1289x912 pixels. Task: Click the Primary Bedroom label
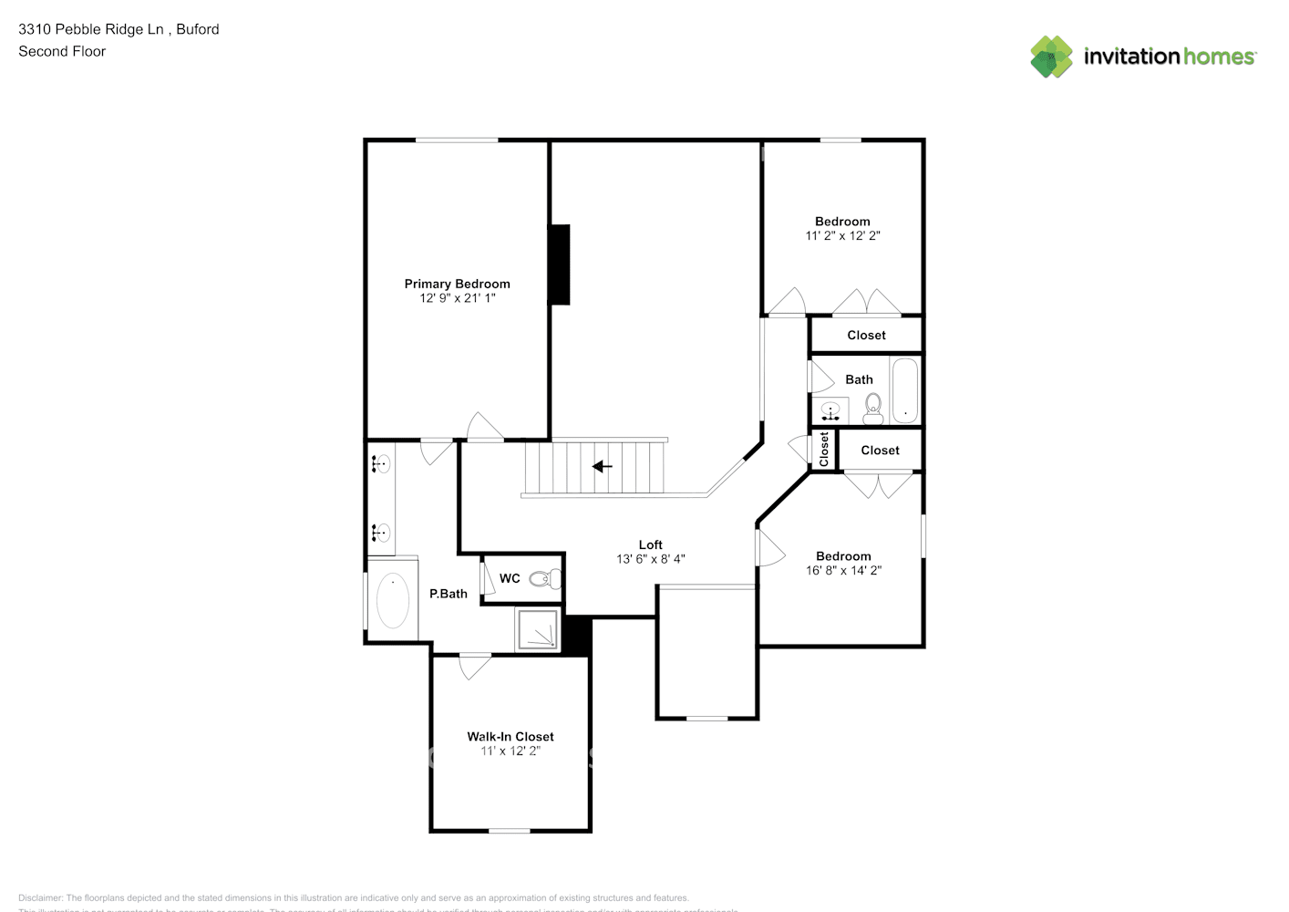[x=457, y=284]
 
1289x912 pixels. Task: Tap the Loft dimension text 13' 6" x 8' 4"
[x=650, y=559]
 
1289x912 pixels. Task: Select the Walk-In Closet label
[x=510, y=736]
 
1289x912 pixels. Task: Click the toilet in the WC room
[x=546, y=578]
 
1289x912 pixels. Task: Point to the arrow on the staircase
[x=602, y=467]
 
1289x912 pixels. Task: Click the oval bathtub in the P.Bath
[x=393, y=600]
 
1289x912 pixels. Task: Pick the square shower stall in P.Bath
[x=538, y=629]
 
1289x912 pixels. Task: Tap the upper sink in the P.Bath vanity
[x=381, y=464]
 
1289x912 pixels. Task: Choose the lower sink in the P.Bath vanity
[x=381, y=532]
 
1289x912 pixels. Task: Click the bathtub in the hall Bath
[x=904, y=390]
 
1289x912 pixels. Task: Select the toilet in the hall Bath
[x=873, y=408]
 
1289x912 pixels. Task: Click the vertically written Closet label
[x=824, y=450]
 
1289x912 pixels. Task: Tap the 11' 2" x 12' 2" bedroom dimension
[x=842, y=235]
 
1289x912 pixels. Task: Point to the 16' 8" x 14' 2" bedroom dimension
[x=843, y=570]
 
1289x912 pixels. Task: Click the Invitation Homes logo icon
[x=1051, y=57]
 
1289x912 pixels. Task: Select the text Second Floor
[x=62, y=51]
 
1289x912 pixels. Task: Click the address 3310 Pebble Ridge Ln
[x=91, y=29]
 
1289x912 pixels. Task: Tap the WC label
[x=510, y=578]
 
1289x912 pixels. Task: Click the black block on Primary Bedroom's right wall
[x=560, y=264]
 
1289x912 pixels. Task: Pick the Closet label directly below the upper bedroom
[x=866, y=335]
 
